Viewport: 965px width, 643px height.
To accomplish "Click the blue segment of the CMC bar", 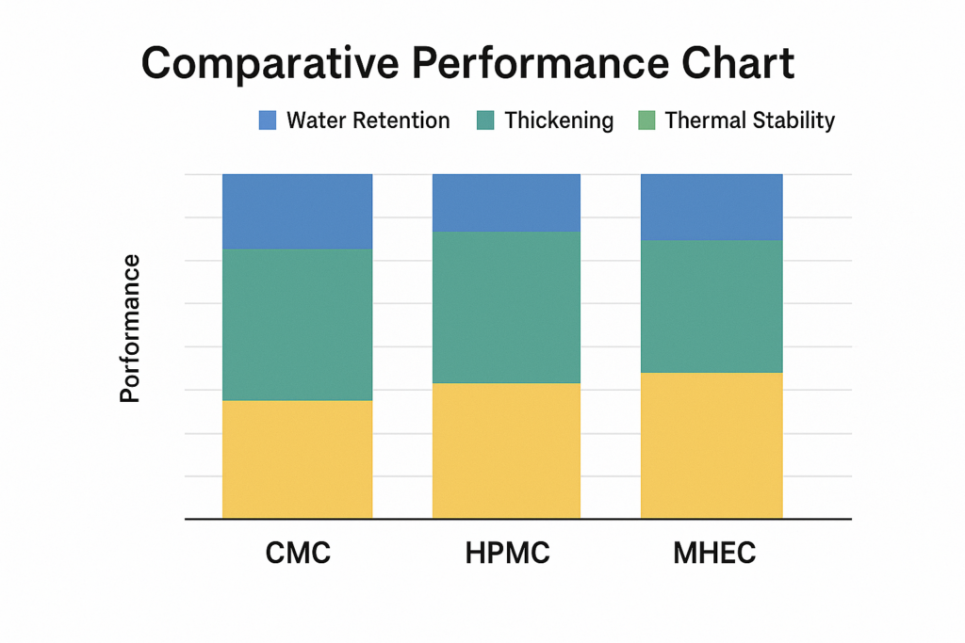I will click(297, 211).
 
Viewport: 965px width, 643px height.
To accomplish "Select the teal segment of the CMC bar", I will click(297, 324).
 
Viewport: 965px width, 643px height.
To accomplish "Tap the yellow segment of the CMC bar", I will click(297, 459).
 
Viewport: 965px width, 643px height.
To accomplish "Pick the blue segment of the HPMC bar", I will click(506, 202).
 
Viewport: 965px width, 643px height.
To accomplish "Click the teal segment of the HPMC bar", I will click(506, 307).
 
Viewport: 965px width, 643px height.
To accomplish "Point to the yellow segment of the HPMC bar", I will click(506, 450).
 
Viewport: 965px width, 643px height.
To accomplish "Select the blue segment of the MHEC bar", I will click(711, 207).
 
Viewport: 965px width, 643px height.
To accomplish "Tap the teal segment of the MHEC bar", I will click(711, 306).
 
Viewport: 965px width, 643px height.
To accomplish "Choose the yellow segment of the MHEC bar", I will click(711, 445).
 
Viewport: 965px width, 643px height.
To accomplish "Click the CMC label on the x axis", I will click(297, 553).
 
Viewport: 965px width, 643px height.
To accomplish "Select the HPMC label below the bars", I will click(506, 553).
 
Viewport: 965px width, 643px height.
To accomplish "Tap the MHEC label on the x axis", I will click(714, 553).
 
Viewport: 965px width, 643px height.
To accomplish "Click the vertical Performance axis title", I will click(130, 329).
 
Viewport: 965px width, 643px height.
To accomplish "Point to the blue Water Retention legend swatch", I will click(268, 121).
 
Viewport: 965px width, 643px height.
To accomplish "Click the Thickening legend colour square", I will click(485, 121).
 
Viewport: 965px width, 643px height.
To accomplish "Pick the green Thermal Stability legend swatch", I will click(646, 121).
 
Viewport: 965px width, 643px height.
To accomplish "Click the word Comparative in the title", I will click(267, 64).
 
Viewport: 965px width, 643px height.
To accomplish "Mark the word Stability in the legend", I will click(793, 121).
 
